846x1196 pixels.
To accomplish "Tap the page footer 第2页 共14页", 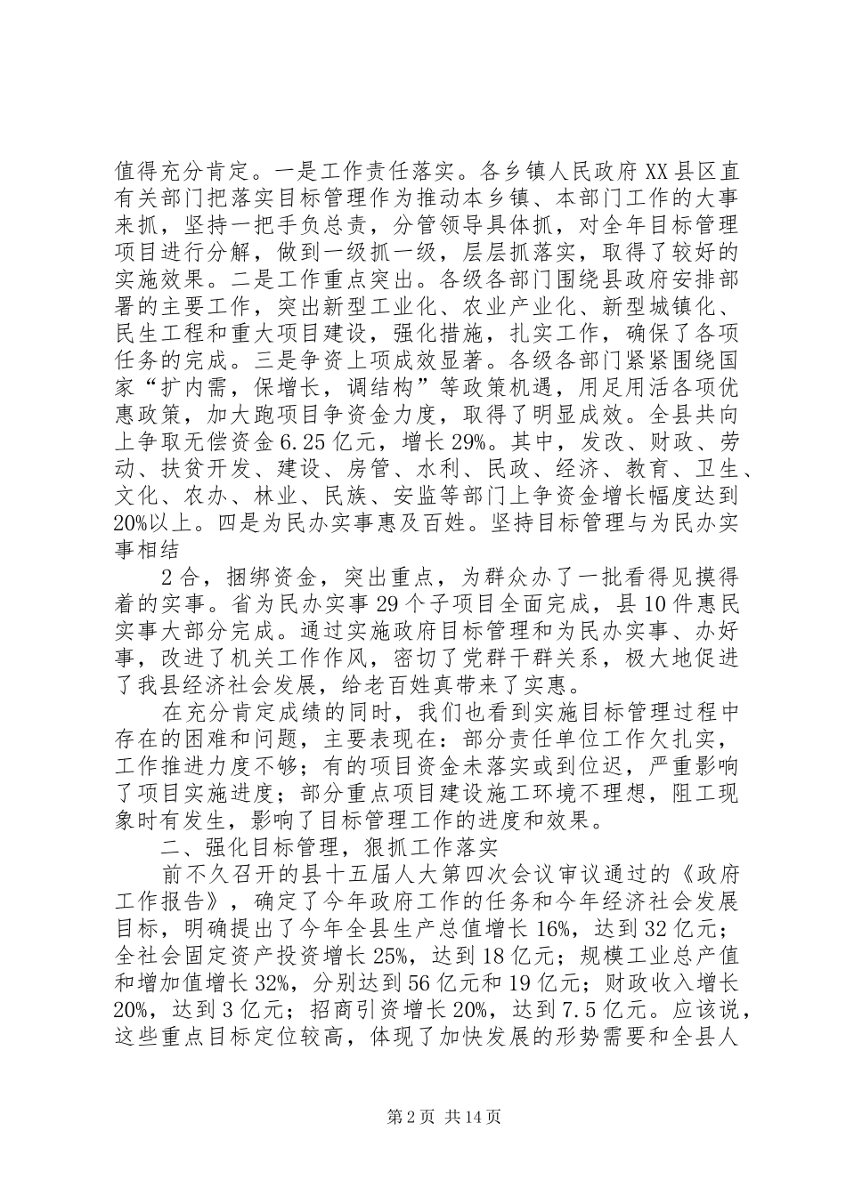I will point(423,1116).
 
